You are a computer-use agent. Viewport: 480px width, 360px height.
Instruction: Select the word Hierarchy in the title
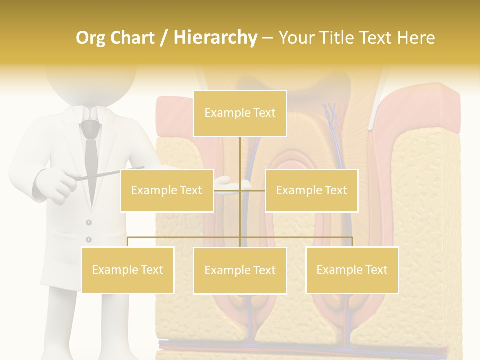tap(215, 38)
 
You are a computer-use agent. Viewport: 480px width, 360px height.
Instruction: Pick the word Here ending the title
tap(414, 38)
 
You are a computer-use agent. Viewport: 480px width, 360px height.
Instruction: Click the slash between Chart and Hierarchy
tap(164, 38)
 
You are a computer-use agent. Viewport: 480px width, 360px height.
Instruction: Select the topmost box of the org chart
tap(240, 113)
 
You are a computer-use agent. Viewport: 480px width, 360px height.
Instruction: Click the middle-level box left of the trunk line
tap(167, 190)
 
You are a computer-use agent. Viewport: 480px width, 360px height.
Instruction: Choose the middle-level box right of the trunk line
tap(311, 190)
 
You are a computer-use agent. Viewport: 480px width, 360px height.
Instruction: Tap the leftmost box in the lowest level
tap(128, 270)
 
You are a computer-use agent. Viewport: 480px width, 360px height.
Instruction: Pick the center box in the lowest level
tap(240, 270)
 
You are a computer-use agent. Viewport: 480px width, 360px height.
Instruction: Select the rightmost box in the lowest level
tap(352, 270)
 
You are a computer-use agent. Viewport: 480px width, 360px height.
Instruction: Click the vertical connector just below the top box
tap(240, 150)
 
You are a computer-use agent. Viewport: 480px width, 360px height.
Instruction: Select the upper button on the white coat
tap(89, 222)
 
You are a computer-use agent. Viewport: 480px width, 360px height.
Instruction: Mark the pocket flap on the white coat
tap(50, 235)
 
